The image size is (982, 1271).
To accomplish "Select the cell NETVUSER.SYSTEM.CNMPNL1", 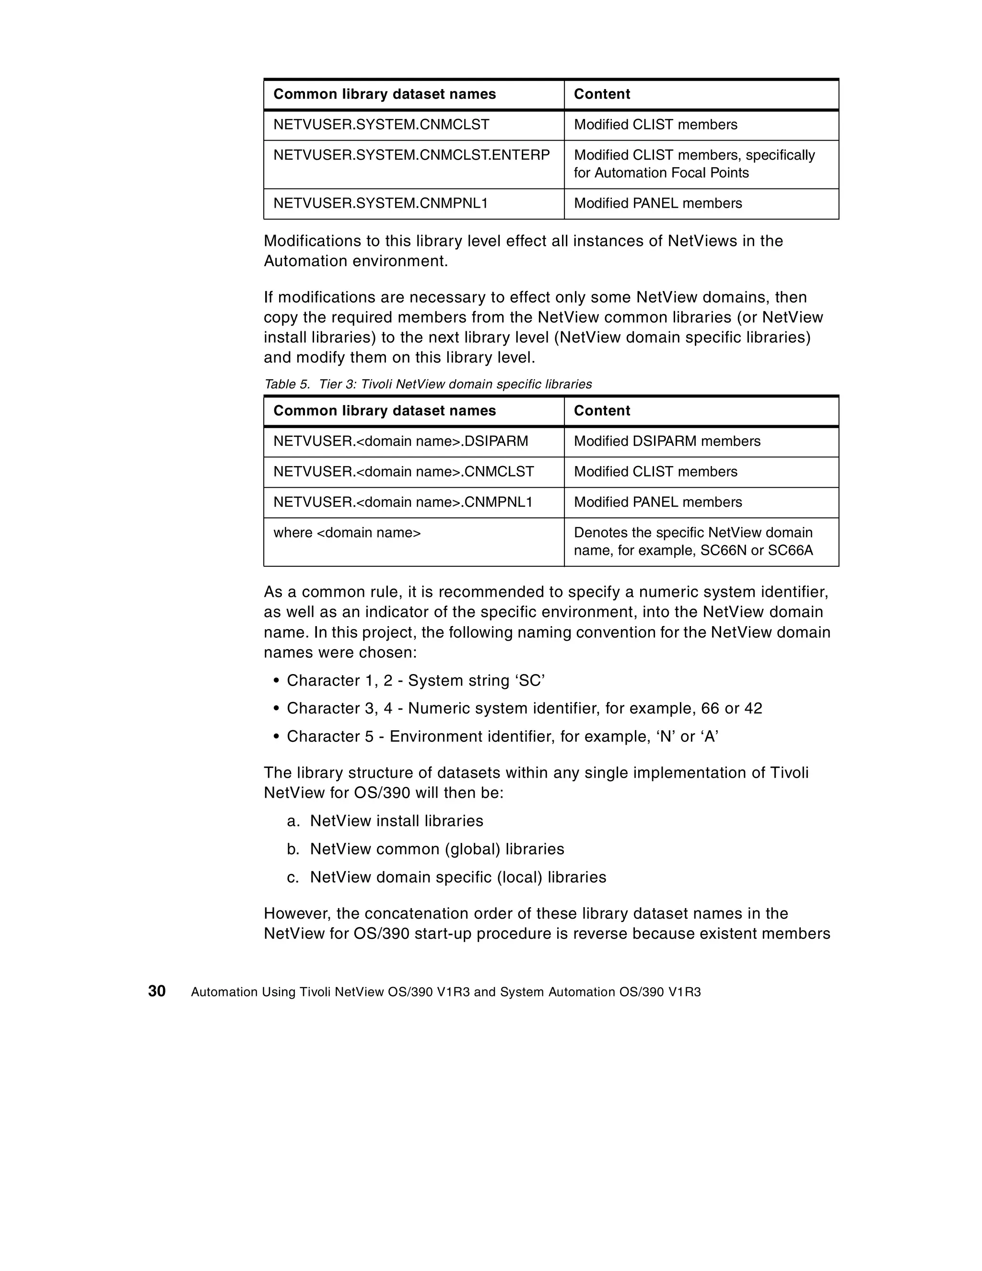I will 381,203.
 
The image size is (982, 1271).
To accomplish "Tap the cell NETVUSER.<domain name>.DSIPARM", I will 400,441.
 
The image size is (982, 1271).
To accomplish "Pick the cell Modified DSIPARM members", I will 667,441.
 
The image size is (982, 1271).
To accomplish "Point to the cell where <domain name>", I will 347,533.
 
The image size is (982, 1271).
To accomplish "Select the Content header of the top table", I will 602,94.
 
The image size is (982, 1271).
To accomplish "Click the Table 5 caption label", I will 428,384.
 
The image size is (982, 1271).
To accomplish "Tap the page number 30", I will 157,991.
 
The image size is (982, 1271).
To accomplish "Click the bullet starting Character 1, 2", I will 416,680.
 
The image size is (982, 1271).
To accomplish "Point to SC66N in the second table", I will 723,550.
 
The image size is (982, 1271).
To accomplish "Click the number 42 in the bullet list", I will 753,708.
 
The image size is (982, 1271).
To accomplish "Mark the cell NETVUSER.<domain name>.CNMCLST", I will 403,471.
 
